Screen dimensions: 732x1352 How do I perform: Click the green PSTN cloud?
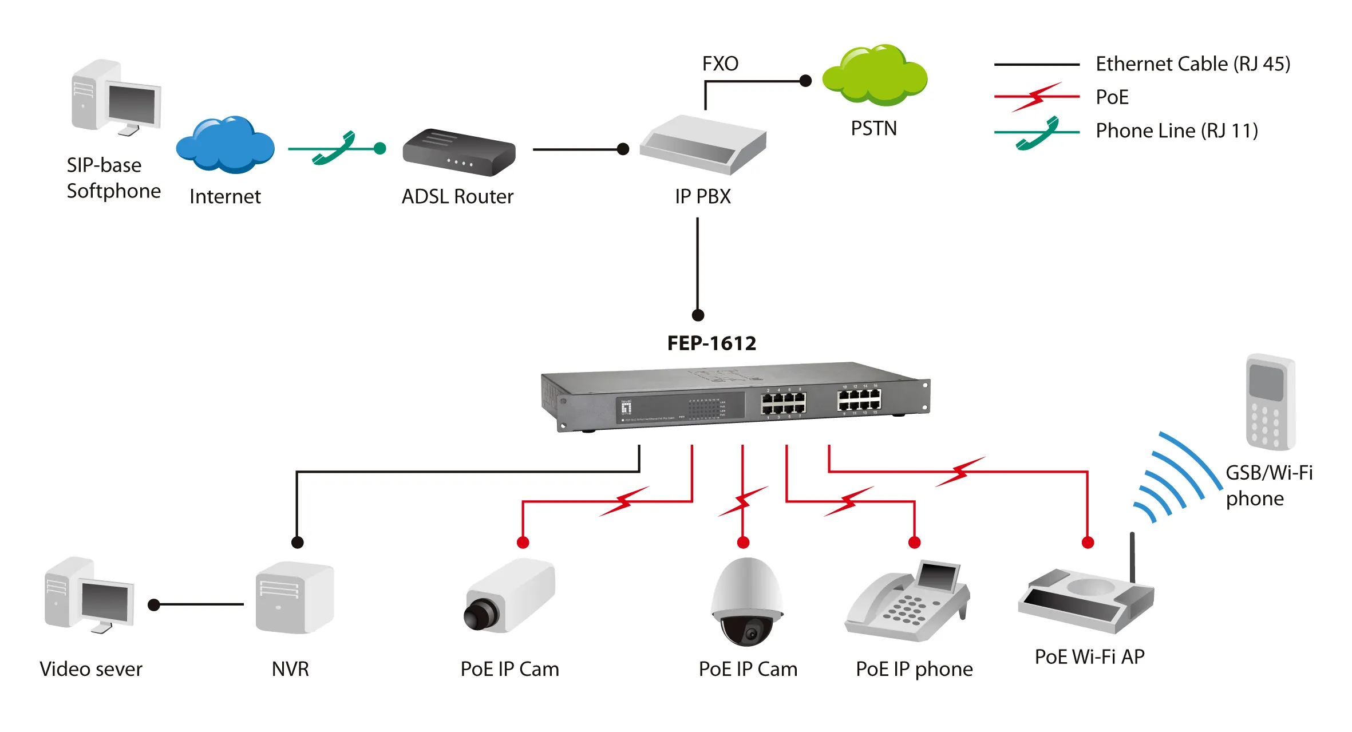(x=875, y=76)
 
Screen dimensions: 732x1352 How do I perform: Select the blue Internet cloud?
(x=225, y=146)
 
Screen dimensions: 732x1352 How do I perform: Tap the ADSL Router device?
(x=458, y=153)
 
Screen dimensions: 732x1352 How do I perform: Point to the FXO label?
(x=720, y=64)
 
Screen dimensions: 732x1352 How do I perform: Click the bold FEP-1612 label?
(x=711, y=343)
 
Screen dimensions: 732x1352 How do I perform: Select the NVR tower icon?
(x=294, y=598)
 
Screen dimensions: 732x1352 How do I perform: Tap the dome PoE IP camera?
(x=746, y=601)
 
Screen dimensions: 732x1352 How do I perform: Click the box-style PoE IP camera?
(x=509, y=596)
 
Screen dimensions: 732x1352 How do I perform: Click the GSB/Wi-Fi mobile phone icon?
(x=1270, y=402)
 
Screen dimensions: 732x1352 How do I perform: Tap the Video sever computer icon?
(x=89, y=595)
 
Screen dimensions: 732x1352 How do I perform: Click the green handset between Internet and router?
(x=335, y=149)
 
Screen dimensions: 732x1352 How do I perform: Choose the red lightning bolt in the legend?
(x=1037, y=97)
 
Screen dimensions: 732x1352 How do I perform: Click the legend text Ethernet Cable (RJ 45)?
(x=1192, y=64)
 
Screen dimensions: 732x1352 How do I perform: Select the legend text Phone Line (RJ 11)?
(x=1176, y=131)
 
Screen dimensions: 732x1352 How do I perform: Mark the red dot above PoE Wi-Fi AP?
(x=1088, y=543)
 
